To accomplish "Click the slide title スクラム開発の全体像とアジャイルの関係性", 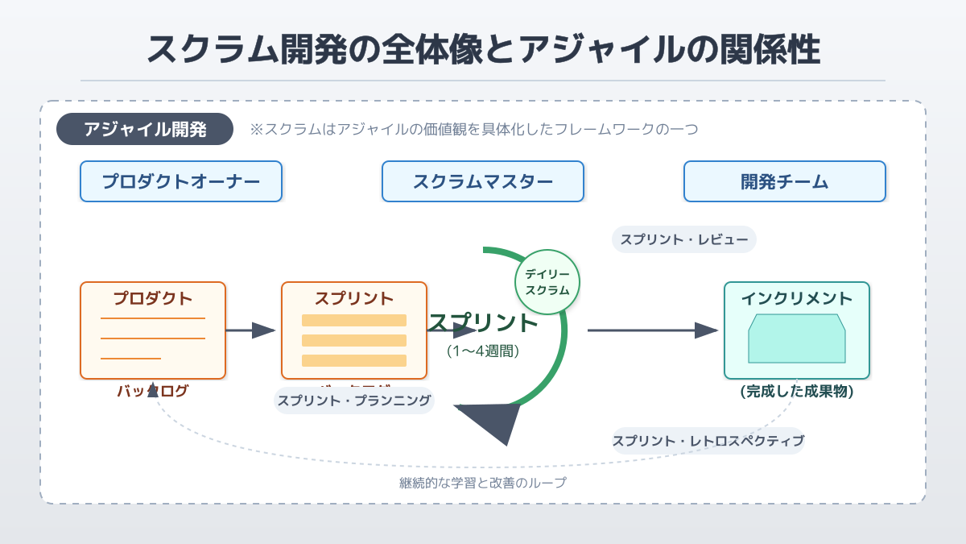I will tap(483, 50).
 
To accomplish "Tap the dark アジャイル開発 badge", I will tap(145, 129).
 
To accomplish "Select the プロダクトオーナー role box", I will tap(181, 181).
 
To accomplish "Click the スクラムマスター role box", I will tap(483, 181).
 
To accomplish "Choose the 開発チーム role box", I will tap(784, 181).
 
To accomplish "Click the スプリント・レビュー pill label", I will tap(684, 239).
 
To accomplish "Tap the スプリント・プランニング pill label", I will tap(354, 400).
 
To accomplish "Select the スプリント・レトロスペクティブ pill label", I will tap(708, 441).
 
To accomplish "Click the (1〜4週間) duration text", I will tap(483, 351).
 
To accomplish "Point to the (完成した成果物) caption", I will tap(796, 392).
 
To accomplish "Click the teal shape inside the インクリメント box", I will tap(796, 339).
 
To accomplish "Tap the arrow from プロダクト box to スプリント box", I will tap(251, 330).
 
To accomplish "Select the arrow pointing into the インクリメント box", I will tap(652, 330).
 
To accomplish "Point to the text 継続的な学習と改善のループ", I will tap(483, 483).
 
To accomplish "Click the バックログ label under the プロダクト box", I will tap(153, 392).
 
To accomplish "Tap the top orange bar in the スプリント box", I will tap(354, 320).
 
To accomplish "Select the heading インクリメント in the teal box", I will tap(796, 299).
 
